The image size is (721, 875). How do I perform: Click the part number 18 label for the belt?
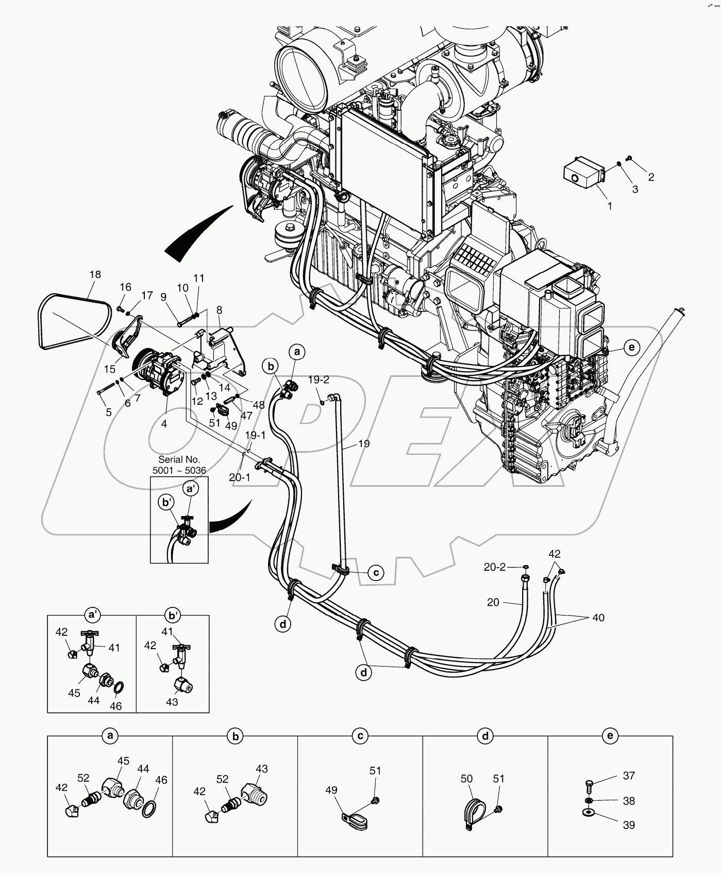click(x=95, y=275)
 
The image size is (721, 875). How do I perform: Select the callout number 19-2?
click(x=318, y=380)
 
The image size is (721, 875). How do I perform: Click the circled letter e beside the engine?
click(x=631, y=348)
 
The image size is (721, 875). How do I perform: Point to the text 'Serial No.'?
click(x=179, y=459)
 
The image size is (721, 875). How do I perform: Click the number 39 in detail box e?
click(x=629, y=825)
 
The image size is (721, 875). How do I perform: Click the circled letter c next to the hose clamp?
click(x=376, y=572)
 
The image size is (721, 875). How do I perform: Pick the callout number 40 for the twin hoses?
click(x=598, y=617)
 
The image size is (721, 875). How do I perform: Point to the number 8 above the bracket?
click(x=219, y=310)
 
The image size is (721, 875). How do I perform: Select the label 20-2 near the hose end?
click(x=494, y=567)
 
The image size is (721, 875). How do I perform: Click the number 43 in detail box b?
click(x=261, y=769)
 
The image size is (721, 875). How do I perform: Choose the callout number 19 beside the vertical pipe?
click(x=363, y=443)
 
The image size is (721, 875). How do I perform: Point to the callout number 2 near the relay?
click(x=651, y=177)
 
